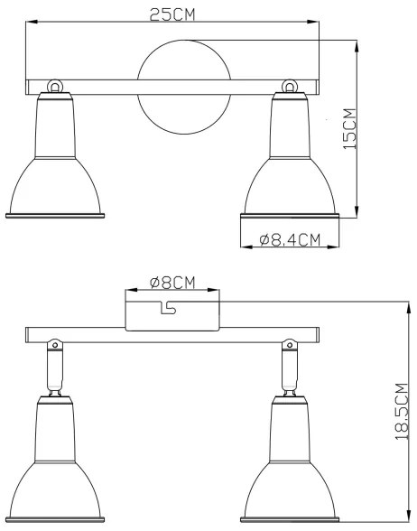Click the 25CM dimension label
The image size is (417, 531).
point(172,14)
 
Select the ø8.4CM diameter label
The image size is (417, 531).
point(290,240)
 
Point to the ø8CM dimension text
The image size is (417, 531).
point(172,282)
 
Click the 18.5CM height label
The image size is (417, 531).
point(401,411)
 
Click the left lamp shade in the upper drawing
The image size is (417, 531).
point(55,167)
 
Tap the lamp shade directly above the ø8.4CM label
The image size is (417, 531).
point(290,167)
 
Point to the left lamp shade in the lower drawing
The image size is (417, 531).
point(55,470)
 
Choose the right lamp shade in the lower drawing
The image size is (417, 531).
point(290,470)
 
